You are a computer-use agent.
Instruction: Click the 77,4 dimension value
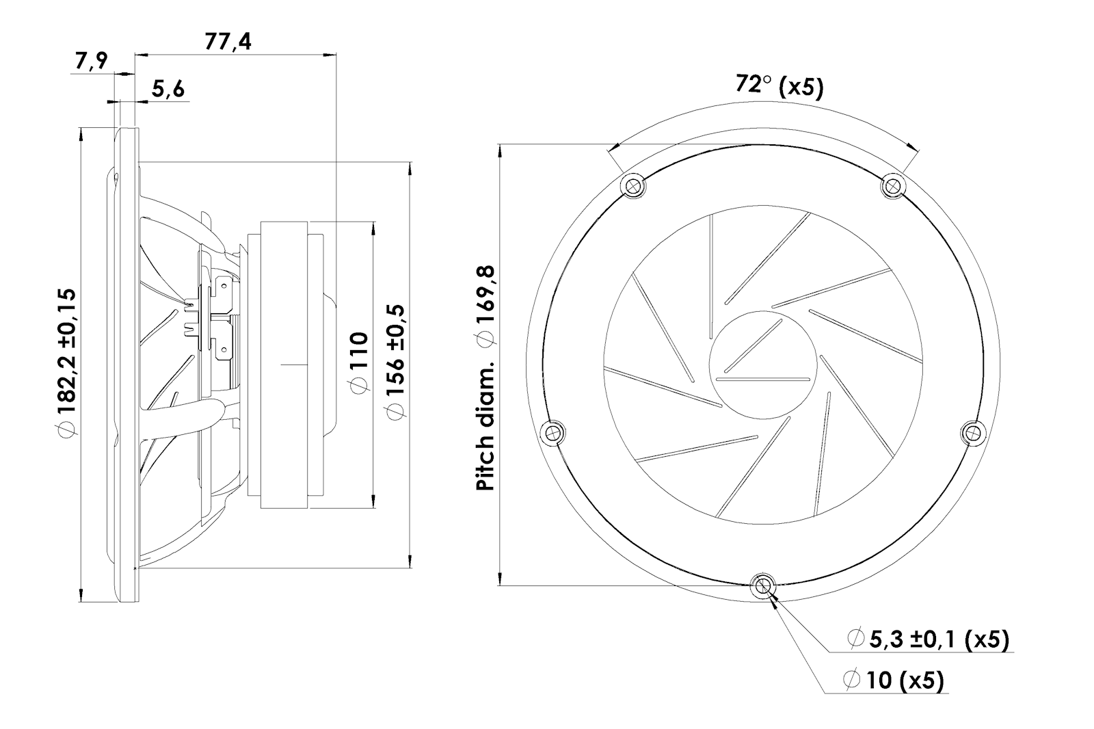pos(228,42)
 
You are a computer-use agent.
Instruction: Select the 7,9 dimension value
pos(92,62)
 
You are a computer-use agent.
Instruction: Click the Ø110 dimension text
pos(358,362)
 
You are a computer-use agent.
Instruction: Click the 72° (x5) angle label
pos(779,85)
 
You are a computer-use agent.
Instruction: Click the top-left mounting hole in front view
pos(633,185)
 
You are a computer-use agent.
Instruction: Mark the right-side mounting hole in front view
pos(974,432)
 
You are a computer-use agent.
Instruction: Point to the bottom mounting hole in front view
pos(763,585)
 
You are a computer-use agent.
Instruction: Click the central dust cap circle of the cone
pos(763,362)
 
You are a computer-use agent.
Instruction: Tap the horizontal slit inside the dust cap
pos(763,378)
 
